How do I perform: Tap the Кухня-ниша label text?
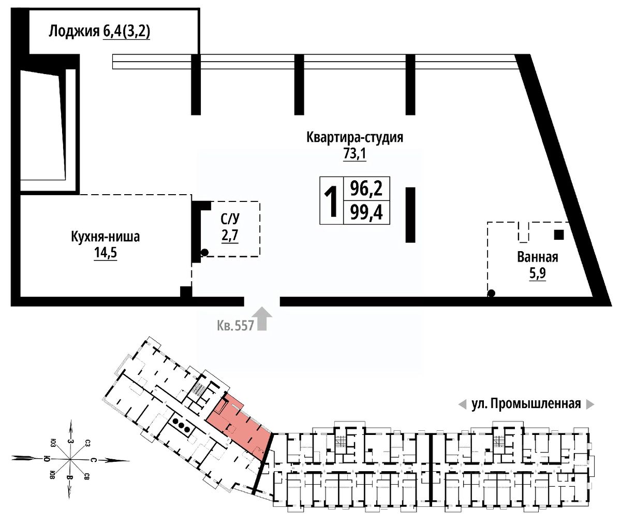tap(106, 237)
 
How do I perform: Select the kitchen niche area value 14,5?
tap(106, 254)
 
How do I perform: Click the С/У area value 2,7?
tap(229, 236)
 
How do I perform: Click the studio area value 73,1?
tap(354, 154)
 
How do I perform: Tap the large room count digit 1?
tap(331, 201)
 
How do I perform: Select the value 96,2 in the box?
tap(366, 188)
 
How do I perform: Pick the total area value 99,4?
tap(366, 213)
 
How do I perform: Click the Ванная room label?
tap(538, 257)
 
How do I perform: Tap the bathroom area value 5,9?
tap(538, 273)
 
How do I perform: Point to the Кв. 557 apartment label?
tap(235, 326)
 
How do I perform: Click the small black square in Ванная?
tap(558, 235)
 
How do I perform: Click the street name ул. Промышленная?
tap(526, 404)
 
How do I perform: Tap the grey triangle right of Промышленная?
tap(590, 404)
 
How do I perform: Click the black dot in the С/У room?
tap(204, 252)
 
